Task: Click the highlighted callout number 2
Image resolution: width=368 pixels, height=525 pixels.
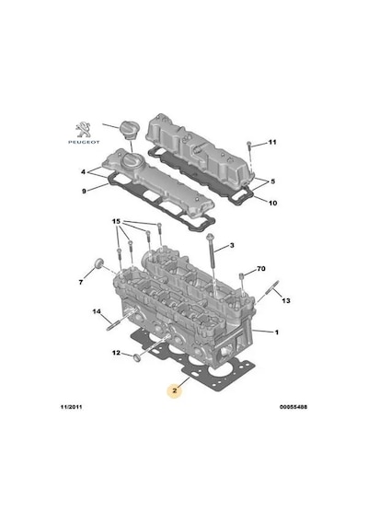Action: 175,391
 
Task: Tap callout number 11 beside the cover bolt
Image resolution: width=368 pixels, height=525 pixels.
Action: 272,142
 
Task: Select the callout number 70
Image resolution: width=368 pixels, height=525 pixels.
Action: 261,269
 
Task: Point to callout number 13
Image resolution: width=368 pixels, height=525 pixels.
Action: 286,300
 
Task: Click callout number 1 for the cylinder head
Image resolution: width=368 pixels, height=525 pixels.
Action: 277,332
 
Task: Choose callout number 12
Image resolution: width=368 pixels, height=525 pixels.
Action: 116,353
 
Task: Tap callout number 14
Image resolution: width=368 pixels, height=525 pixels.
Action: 97,311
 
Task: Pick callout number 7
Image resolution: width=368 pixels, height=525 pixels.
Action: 81,283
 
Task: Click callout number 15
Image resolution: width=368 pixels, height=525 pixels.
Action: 116,221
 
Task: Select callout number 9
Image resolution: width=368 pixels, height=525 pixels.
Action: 84,192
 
